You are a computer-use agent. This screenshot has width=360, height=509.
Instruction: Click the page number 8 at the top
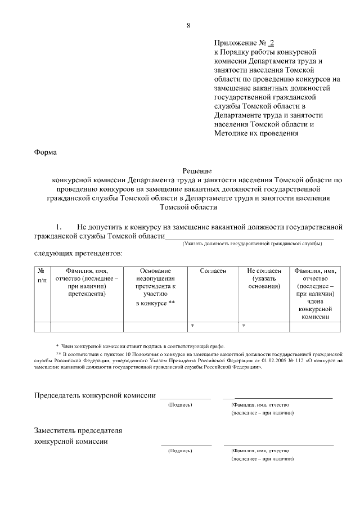pyautogui.click(x=188, y=25)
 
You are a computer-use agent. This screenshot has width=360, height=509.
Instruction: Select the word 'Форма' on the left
pyautogui.click(x=46, y=152)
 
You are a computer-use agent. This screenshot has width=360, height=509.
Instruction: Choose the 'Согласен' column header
pyautogui.click(x=213, y=271)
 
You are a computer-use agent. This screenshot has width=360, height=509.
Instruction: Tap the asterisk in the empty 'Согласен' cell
pyautogui.click(x=192, y=326)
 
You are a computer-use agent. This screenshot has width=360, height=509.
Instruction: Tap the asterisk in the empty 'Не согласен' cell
pyautogui.click(x=244, y=326)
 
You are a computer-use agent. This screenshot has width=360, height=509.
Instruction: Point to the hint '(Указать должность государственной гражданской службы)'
pyautogui.click(x=251, y=244)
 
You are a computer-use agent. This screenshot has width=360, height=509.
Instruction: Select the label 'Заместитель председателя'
pyautogui.click(x=78, y=430)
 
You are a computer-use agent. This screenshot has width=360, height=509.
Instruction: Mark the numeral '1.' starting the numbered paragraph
pyautogui.click(x=58, y=226)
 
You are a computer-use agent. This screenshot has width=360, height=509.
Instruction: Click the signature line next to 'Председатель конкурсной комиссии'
pyautogui.click(x=186, y=398)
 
